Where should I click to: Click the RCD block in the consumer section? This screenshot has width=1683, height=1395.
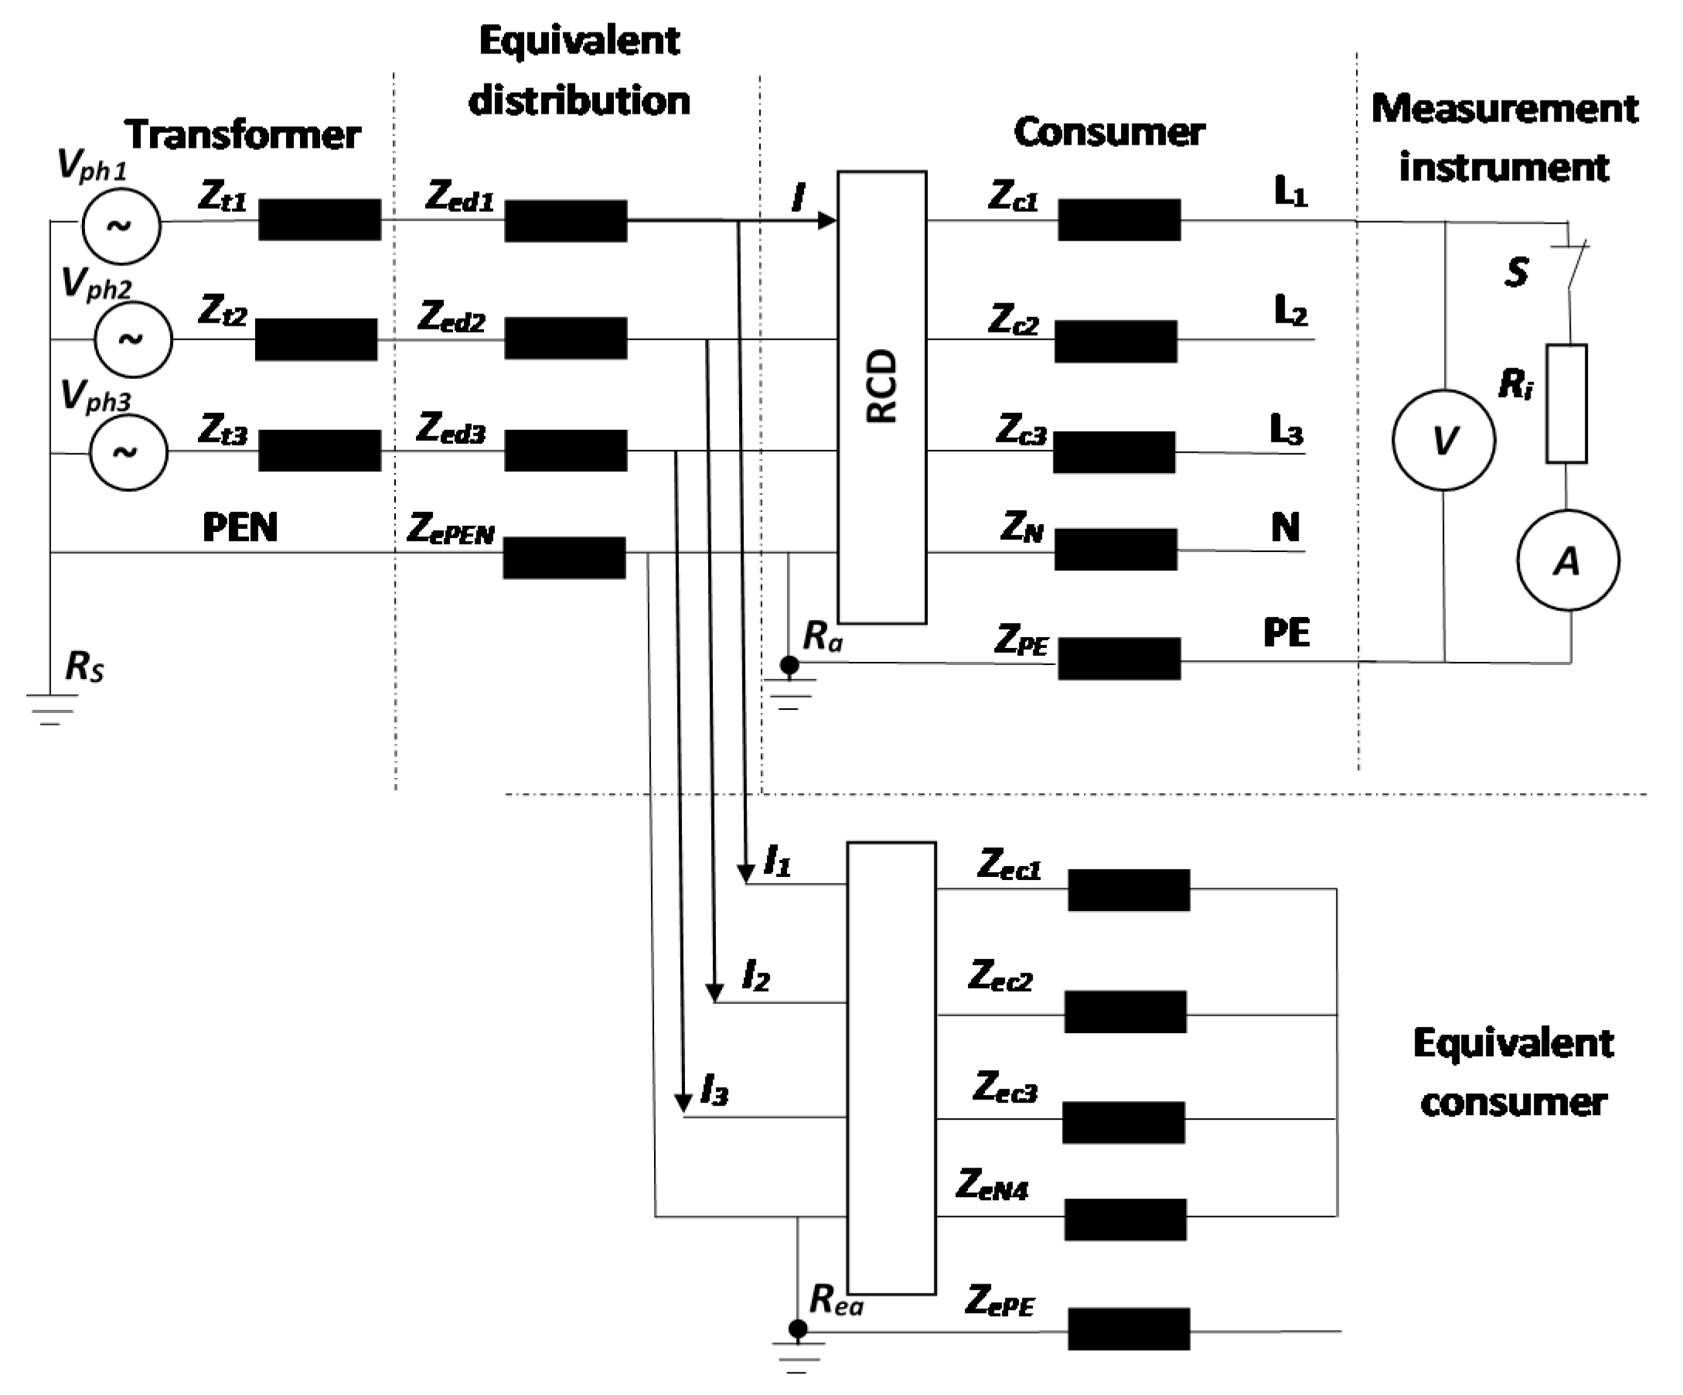coord(881,397)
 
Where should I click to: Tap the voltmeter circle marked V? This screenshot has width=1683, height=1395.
coord(1443,440)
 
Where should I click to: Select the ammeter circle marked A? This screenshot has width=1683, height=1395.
coord(1568,561)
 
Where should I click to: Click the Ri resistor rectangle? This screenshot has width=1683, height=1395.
coord(1566,404)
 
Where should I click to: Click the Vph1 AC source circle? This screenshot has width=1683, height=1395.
coord(121,226)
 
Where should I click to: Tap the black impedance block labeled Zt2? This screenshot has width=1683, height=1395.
coord(315,339)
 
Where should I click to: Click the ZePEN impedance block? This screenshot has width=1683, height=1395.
coord(564,558)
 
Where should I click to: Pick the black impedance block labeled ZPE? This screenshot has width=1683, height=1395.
coord(1119,658)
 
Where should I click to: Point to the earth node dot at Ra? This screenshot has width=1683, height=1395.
coord(789,664)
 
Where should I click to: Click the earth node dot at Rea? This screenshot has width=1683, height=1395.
coord(797,1330)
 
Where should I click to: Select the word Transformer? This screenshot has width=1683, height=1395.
coord(242,135)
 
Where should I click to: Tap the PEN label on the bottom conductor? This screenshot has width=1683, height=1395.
coord(240,527)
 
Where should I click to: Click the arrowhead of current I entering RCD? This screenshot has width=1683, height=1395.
coord(826,220)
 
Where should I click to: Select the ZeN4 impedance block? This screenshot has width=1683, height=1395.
coord(1125,1219)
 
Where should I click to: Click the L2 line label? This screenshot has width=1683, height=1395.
coord(1290,311)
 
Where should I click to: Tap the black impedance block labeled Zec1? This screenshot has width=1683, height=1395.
coord(1129,889)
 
